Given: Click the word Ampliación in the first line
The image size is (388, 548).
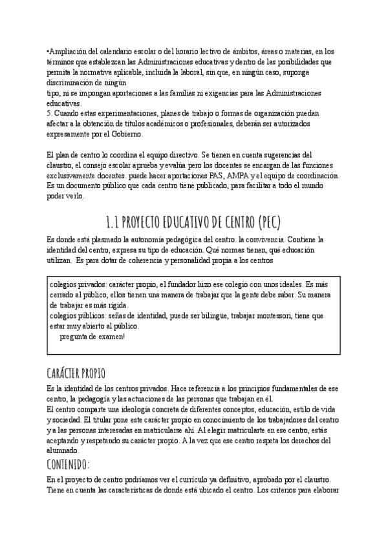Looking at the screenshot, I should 68,51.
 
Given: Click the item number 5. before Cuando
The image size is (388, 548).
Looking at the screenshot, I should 50,113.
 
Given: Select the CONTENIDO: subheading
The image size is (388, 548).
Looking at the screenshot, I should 77,465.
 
